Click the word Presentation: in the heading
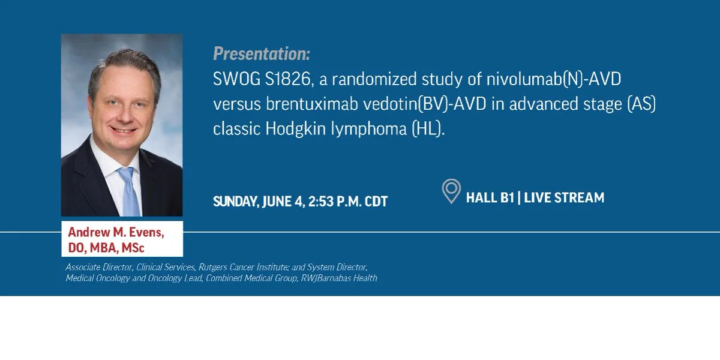point(262,53)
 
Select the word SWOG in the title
point(236,79)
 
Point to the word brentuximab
point(312,104)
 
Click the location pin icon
point(451,191)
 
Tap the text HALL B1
point(490,197)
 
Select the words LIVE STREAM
point(564,197)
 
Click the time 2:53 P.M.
point(334,202)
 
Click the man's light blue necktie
point(130,191)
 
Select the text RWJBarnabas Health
point(339,278)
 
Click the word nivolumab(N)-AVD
point(553,79)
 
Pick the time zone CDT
point(376,202)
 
